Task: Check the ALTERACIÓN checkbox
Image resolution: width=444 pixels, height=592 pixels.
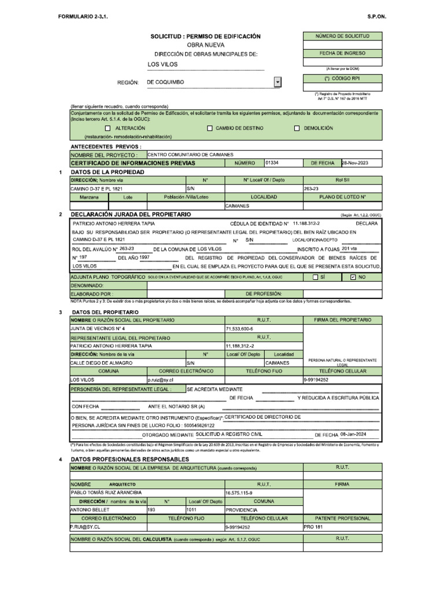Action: coord(108,128)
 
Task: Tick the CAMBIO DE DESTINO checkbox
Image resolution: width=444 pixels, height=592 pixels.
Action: coord(209,128)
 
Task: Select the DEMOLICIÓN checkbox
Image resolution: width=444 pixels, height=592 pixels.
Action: coord(297,128)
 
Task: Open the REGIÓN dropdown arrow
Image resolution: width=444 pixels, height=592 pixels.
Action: coord(278,83)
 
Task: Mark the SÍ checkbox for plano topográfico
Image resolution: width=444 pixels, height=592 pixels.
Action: coord(315,277)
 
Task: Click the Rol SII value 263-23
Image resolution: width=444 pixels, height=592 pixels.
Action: coord(312,188)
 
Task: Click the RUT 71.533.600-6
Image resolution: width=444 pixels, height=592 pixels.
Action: coord(239,328)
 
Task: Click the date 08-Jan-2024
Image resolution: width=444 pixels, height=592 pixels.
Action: coord(354,434)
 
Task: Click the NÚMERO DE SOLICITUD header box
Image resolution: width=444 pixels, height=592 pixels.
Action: coord(342,36)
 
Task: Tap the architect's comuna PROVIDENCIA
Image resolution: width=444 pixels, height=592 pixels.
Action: coord(241,510)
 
